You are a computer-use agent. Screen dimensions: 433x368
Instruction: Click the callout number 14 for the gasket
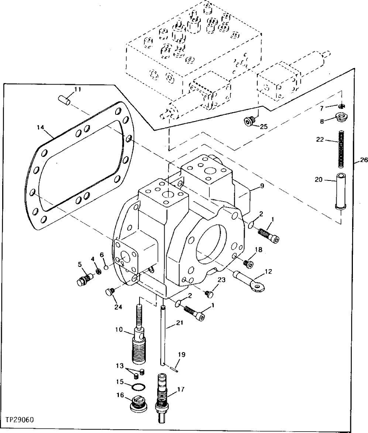(x=40, y=127)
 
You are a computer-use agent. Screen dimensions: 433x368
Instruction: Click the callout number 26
(x=364, y=161)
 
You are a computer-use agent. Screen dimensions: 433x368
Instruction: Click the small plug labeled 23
(x=209, y=293)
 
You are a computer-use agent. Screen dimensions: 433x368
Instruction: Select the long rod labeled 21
(x=163, y=332)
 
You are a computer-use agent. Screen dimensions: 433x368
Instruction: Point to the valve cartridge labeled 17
(x=163, y=399)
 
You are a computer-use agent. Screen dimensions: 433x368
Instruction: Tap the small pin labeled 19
(x=176, y=366)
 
